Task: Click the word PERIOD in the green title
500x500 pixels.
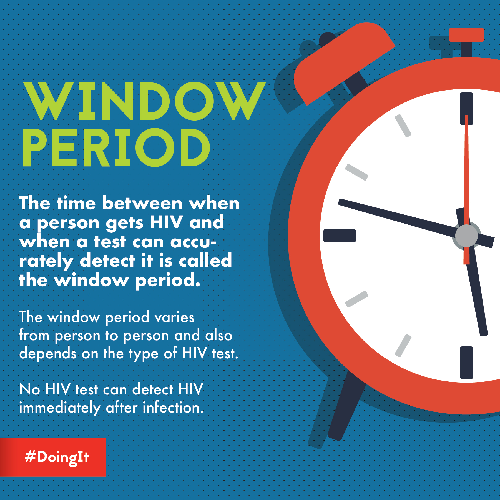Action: click(x=117, y=147)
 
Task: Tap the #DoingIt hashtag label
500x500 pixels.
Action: click(x=57, y=457)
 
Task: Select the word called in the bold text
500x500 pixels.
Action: click(x=205, y=261)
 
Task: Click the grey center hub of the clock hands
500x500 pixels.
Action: click(x=466, y=236)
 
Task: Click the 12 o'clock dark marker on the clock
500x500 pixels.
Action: click(x=466, y=108)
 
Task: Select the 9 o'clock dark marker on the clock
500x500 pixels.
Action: click(x=340, y=236)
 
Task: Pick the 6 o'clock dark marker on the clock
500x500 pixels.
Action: click(x=466, y=362)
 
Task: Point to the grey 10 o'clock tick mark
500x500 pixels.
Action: click(x=356, y=172)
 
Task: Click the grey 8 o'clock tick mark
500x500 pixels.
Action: click(x=356, y=299)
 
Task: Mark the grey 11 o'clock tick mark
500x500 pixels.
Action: click(x=403, y=126)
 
